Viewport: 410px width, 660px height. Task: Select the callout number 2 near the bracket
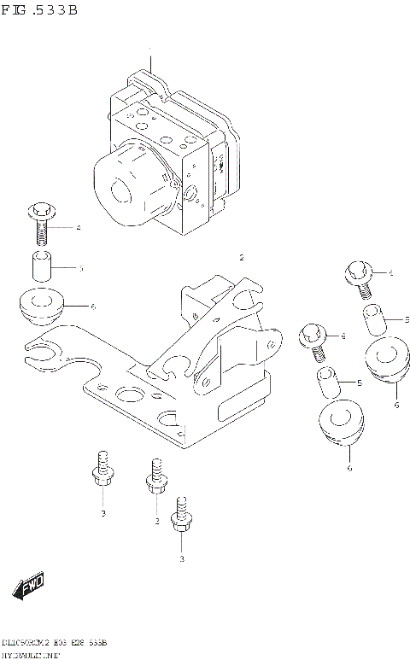[x=242, y=257]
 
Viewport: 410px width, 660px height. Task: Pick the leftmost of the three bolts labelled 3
[x=102, y=470]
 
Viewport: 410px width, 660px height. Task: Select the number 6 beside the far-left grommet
[x=91, y=306]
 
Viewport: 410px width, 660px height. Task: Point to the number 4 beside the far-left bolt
[x=78, y=228]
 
